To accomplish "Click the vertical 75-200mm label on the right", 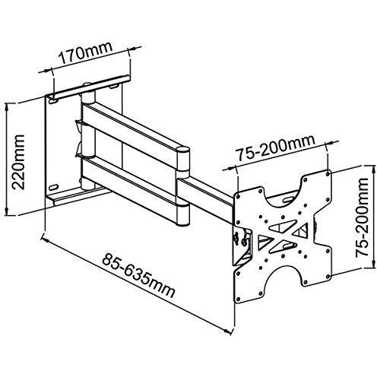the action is coord(362,217).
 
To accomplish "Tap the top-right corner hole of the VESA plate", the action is coord(328,174).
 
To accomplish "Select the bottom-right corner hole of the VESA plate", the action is coord(328,276).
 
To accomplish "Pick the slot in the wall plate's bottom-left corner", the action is coord(54,188).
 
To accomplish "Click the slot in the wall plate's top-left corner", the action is coord(54,100).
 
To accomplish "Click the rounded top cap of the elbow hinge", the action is coord(182,150).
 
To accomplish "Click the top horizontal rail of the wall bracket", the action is coord(92,87).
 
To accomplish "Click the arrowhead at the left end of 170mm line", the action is coord(49,71).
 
